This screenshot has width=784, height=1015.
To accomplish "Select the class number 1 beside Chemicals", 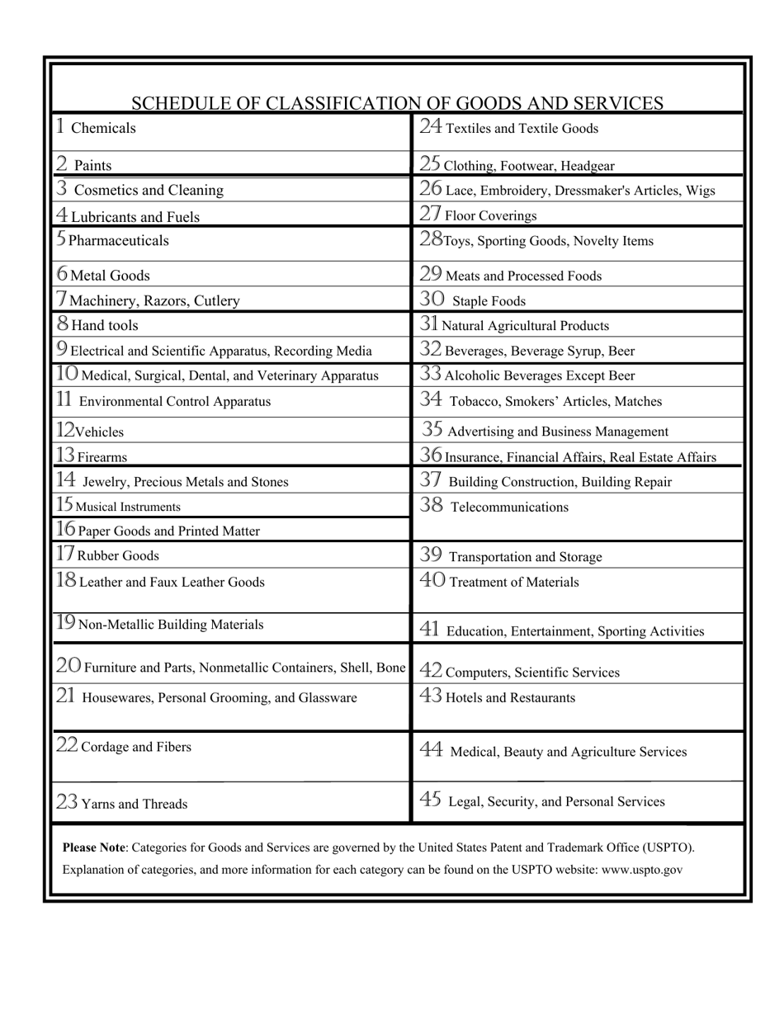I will pyautogui.click(x=60, y=126).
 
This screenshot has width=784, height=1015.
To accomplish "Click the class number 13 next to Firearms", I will pyautogui.click(x=66, y=456).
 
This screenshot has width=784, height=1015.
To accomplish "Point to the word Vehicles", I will pyautogui.click(x=99, y=432).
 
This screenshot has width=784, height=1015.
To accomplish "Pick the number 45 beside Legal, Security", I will pyautogui.click(x=431, y=800).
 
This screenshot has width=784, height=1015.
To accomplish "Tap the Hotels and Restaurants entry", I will pyautogui.click(x=510, y=698).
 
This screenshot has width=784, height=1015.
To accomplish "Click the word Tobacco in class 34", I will pyautogui.click(x=473, y=402).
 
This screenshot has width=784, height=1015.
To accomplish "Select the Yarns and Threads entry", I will pyautogui.click(x=134, y=804).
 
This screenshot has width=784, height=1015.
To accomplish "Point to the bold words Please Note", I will pyautogui.click(x=93, y=847).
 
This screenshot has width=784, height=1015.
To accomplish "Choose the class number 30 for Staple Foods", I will pyautogui.click(x=432, y=300).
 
